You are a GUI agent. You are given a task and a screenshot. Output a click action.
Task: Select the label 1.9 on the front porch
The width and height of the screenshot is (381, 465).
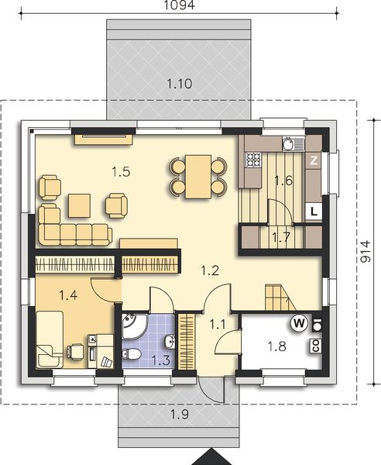point(179,412)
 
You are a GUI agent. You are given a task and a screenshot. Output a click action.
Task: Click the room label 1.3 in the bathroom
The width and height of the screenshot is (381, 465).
point(160,359)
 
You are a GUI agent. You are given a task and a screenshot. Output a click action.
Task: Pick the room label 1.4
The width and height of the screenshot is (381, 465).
point(68,294)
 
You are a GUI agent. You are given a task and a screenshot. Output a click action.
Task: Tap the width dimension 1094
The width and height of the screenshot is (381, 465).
point(179,5)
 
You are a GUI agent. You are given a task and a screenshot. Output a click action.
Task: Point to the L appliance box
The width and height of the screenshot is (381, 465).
point(314,211)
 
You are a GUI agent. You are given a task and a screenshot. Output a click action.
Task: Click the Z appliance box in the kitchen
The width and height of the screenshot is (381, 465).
point(314,160)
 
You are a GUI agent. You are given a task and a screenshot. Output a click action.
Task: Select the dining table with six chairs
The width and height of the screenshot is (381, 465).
point(198,174)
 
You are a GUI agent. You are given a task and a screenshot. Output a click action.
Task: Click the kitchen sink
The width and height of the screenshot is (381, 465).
point(290,143)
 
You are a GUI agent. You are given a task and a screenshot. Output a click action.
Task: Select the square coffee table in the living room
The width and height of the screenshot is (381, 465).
point(79,205)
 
